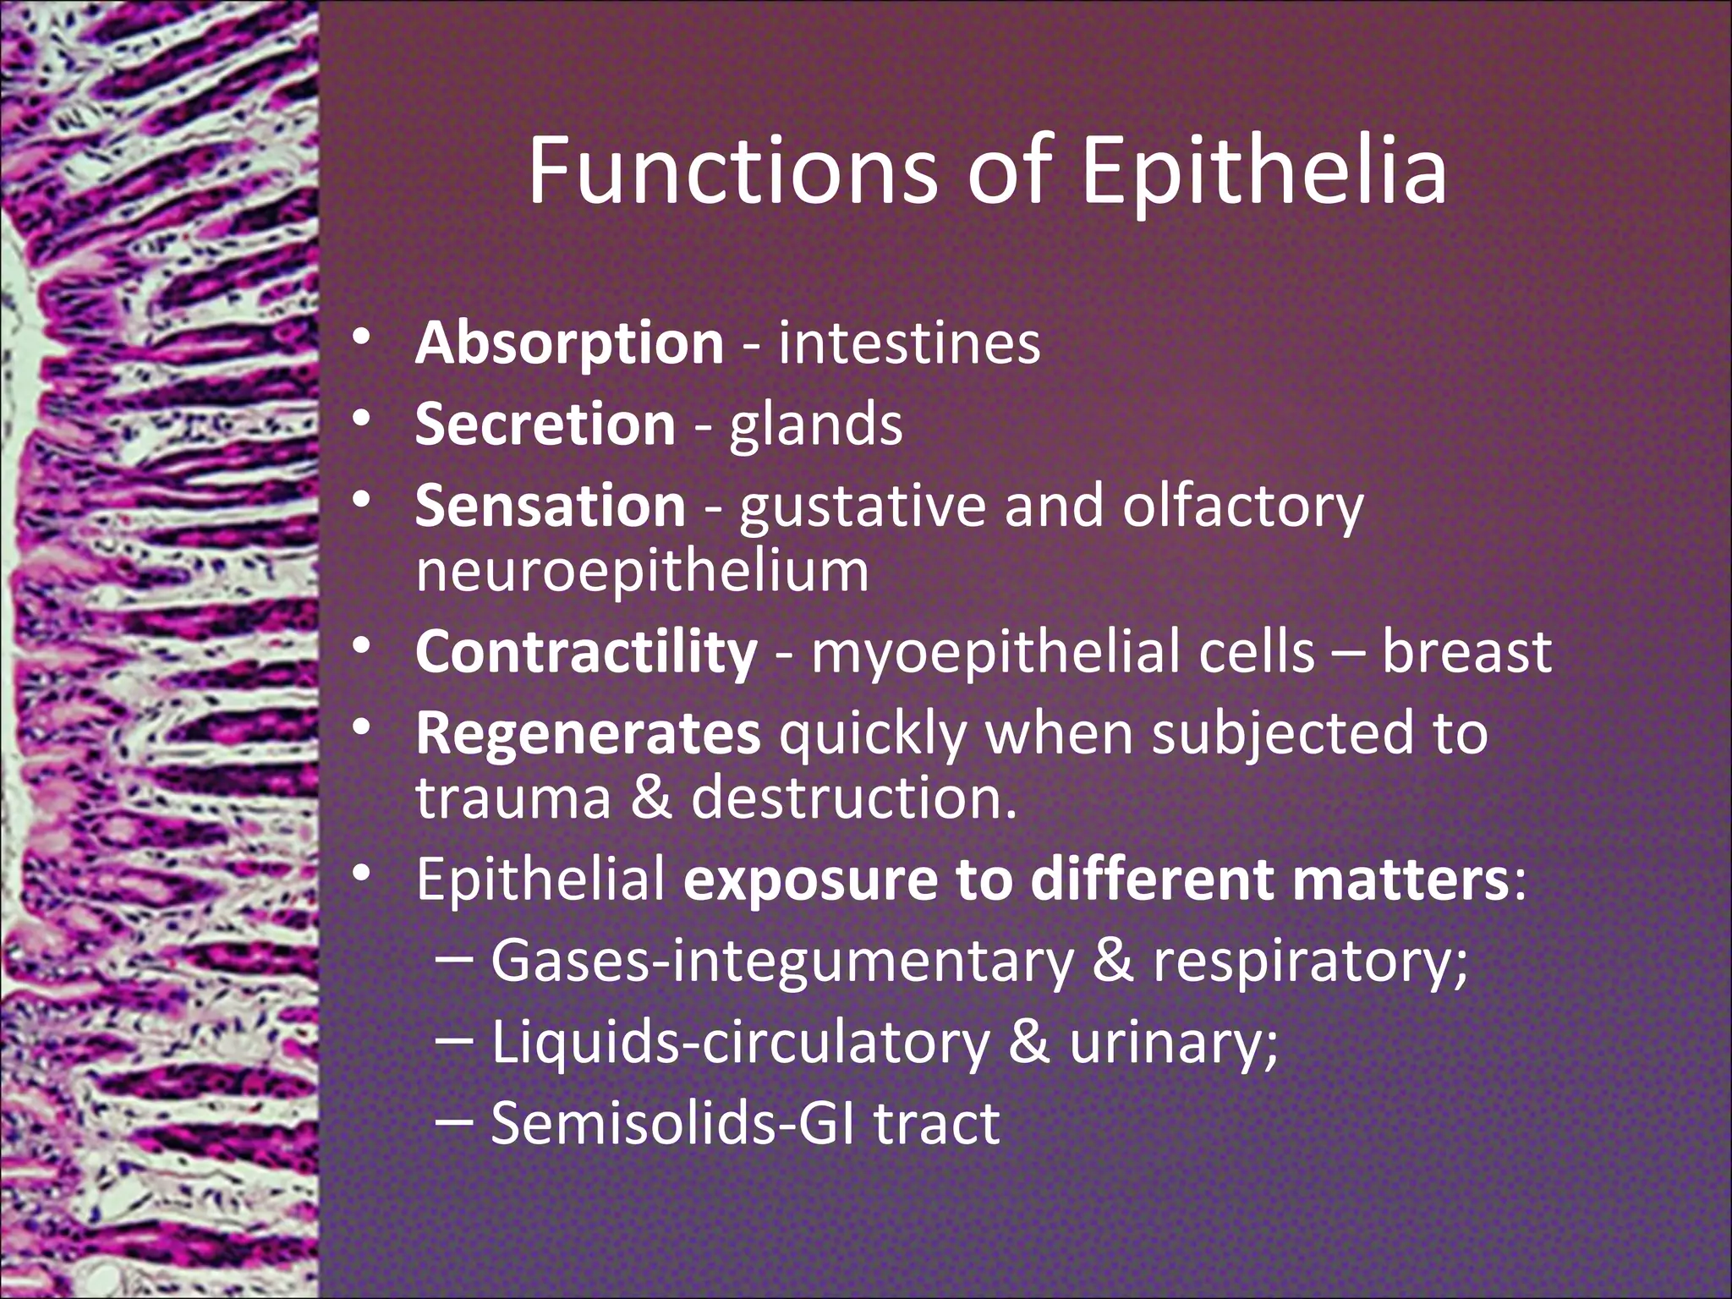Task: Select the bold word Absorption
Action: pyautogui.click(x=569, y=344)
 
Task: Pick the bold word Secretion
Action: pyautogui.click(x=545, y=424)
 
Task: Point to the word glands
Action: pyautogui.click(x=816, y=425)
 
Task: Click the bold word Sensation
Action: pyautogui.click(x=551, y=505)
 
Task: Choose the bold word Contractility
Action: pyautogui.click(x=586, y=651)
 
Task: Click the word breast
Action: pyautogui.click(x=1466, y=651)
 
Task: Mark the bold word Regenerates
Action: pyautogui.click(x=588, y=732)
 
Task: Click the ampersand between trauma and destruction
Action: pyautogui.click(x=651, y=797)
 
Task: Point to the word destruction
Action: pyautogui.click(x=854, y=797)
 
